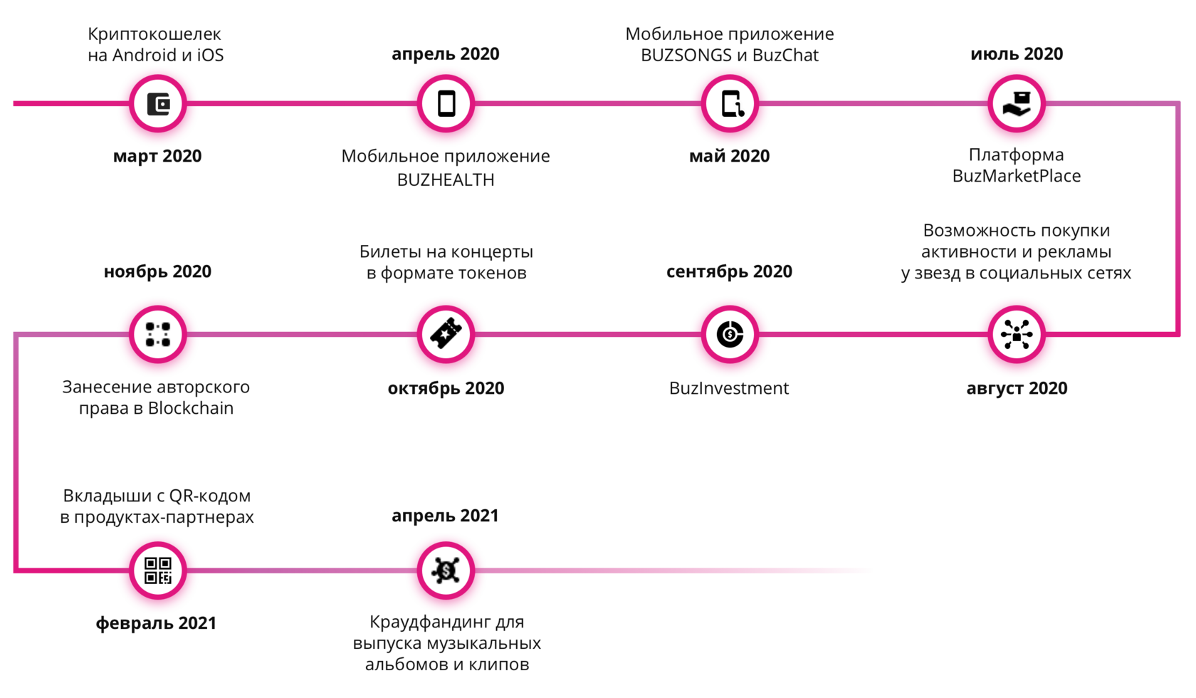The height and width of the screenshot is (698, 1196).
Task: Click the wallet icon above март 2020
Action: coord(158,104)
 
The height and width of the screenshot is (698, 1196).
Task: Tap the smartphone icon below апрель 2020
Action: coord(446,104)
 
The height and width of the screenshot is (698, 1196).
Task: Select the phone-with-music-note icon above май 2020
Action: coord(730,104)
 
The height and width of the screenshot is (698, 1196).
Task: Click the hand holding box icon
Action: coord(1017,104)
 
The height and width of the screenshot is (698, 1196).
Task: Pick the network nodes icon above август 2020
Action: coord(1017,334)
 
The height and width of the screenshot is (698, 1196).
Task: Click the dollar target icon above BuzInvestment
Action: coord(730,334)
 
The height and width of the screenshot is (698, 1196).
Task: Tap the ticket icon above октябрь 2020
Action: coord(446,334)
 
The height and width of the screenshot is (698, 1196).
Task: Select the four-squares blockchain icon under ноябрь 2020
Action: coord(158,334)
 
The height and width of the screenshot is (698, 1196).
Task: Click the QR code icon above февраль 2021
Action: coord(158,571)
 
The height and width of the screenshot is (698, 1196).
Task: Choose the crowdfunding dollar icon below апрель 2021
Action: coord(446,571)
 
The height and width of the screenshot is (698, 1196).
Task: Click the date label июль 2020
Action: coord(1017,54)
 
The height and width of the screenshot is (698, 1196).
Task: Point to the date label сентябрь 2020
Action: coord(730,271)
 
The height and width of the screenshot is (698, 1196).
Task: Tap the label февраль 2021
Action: coord(157,623)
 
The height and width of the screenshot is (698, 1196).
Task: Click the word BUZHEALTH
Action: coord(446,180)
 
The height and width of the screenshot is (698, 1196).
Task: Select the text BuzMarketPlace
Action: coord(1017,176)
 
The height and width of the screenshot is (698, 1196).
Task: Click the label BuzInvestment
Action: coord(730,388)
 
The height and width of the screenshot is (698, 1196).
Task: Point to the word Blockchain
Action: coord(191,408)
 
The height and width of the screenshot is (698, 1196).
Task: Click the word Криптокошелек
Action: coord(155,34)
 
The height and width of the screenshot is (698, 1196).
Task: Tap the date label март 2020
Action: coord(158,156)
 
